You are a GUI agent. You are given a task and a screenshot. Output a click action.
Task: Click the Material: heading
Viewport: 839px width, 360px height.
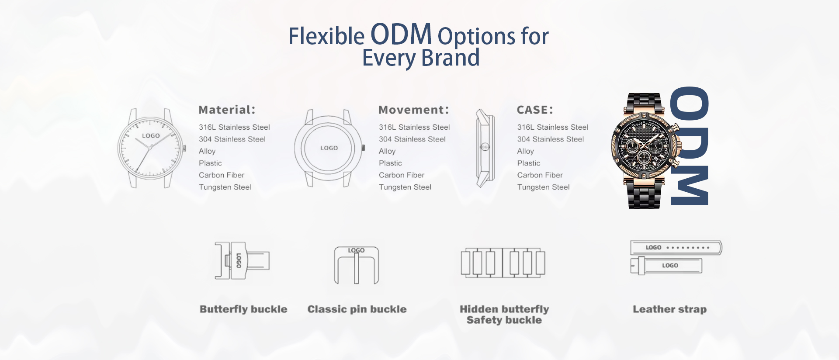coord(227,110)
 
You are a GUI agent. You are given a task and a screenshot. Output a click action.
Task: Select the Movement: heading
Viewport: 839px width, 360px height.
coord(413,110)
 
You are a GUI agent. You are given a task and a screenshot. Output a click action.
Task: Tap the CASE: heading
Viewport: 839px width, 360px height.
coord(535,110)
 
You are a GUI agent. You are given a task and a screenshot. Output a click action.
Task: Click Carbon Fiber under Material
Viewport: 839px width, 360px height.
coord(222,175)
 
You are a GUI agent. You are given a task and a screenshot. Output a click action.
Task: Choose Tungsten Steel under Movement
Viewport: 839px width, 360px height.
coord(405,187)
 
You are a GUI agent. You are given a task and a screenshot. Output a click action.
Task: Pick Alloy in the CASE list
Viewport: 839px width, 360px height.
coord(526,151)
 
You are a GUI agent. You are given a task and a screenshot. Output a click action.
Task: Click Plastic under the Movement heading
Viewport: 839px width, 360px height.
coord(390,163)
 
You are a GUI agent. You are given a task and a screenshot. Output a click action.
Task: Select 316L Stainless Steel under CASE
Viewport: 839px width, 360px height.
coord(553,127)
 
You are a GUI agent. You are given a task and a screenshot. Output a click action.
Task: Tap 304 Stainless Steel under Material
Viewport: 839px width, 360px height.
coord(232,139)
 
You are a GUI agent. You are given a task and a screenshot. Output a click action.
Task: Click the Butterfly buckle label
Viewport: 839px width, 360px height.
coord(243,309)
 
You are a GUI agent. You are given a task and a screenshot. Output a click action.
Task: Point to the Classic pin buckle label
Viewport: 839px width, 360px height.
coord(357,309)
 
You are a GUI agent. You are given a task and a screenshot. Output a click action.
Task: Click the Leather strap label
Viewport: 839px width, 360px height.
coord(669,309)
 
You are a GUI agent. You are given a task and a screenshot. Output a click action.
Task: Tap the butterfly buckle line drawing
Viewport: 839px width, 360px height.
coord(242,261)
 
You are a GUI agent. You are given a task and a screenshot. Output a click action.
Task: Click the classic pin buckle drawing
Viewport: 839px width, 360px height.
coord(357,265)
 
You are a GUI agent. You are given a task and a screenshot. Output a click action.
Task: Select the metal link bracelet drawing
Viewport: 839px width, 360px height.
coord(503,263)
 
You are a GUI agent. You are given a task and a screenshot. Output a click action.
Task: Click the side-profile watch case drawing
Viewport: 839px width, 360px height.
coord(485,148)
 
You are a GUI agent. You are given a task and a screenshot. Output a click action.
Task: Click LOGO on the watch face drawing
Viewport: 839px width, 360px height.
coord(151,136)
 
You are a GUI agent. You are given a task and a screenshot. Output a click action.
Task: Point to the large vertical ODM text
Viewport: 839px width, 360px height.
coord(689,146)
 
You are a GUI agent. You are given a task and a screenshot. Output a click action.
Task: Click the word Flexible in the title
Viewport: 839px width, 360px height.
coord(326,36)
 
